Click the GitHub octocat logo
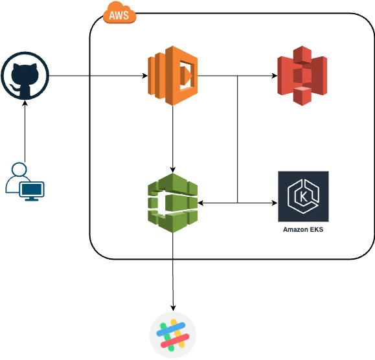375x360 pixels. point(25,76)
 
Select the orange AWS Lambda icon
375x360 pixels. point(173,76)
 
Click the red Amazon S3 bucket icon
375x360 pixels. point(302,76)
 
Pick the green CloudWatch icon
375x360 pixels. point(173,203)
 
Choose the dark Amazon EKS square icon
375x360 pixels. point(303,196)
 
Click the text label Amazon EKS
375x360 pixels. point(303,229)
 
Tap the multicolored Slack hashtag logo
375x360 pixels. point(173,335)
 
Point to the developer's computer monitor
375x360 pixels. point(32,191)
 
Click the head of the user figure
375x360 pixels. point(19,170)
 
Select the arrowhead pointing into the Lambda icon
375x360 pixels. point(145,76)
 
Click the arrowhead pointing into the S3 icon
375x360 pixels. point(275,76)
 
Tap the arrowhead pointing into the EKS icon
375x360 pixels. point(275,203)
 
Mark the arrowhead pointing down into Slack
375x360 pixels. point(173,308)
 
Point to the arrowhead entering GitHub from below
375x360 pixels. point(25,103)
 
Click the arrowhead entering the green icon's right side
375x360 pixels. point(201,203)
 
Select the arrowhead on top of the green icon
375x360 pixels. point(173,170)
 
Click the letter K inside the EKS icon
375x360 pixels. point(303,197)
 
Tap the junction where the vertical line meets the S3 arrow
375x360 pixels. point(238,76)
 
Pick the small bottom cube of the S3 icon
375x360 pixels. point(302,96)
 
